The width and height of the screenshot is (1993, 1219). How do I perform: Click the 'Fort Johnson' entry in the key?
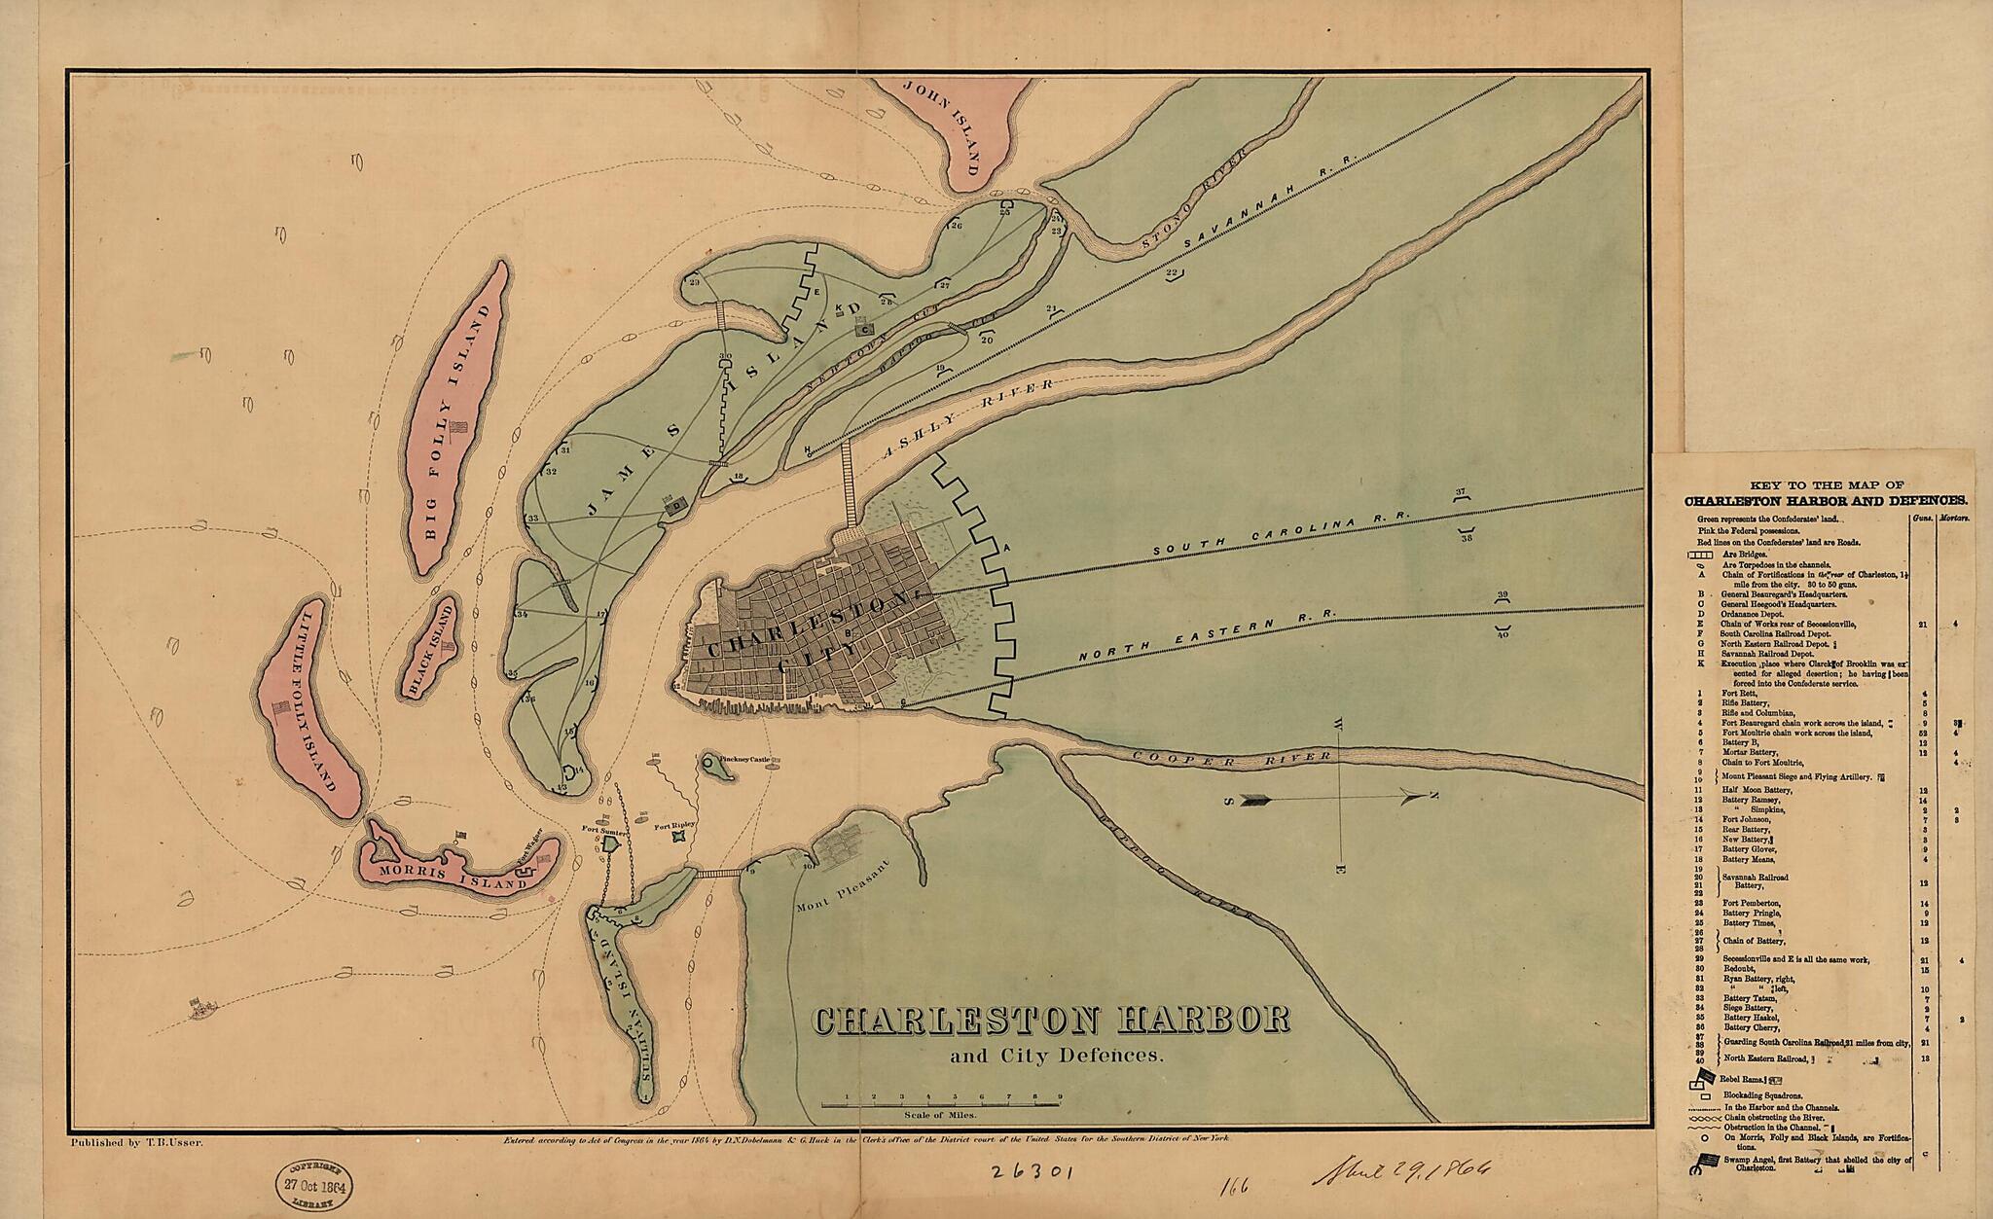1747,819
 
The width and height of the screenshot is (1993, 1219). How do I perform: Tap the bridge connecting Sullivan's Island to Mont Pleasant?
720,874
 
